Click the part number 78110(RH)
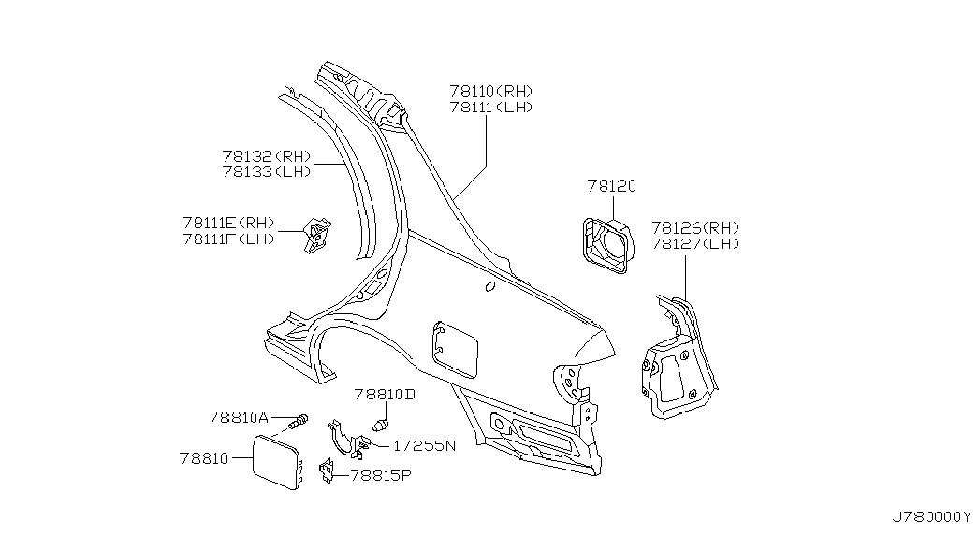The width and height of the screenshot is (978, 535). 490,91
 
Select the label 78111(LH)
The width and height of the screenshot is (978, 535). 490,108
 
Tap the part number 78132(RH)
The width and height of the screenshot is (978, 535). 267,156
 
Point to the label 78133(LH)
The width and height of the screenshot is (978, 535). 267,171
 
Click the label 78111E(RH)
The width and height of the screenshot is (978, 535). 229,223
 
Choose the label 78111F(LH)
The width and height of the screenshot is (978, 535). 229,239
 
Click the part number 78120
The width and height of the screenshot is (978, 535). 611,186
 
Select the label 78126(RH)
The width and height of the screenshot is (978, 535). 695,227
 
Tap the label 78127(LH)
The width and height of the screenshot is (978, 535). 695,244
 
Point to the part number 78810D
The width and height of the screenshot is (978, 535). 385,394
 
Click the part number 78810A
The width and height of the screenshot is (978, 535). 239,417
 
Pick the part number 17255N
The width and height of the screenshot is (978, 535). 425,446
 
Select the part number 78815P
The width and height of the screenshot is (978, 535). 381,476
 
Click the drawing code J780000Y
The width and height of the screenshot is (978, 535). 931,517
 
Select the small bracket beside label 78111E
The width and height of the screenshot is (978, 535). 316,236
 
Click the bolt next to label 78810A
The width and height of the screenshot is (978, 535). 299,422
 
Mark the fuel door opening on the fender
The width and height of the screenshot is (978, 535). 454,350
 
